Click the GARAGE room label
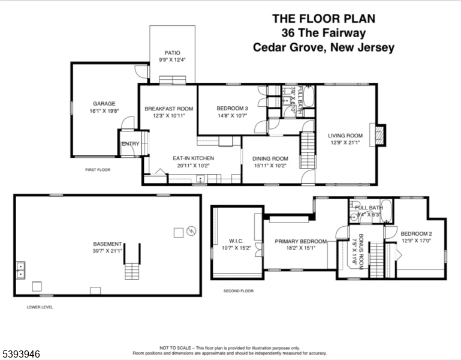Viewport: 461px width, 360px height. click(104, 103)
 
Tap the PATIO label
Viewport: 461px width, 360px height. click(173, 53)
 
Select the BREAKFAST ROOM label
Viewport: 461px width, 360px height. click(168, 109)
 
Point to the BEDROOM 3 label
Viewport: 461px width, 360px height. click(232, 109)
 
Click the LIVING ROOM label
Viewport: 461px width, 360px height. click(345, 136)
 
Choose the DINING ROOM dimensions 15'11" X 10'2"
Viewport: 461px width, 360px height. click(270, 166)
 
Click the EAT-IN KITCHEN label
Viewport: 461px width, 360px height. click(194, 158)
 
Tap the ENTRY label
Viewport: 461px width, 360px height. click(130, 144)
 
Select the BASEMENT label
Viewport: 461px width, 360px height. click(107, 244)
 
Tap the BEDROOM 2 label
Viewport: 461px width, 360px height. click(416, 234)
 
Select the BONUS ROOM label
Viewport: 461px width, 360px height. click(361, 246)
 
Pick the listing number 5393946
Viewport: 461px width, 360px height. click(21, 354)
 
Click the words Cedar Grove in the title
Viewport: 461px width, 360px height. click(287, 47)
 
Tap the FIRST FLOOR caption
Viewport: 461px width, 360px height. click(98, 170)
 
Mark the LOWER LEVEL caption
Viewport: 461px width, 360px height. click(40, 307)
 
